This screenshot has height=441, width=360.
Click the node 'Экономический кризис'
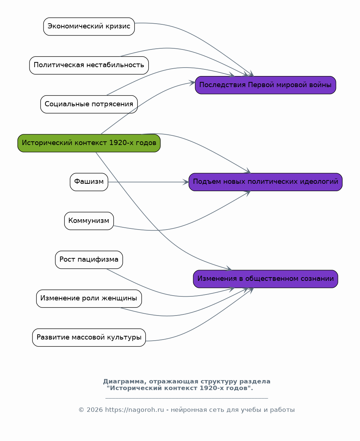(x=89, y=27)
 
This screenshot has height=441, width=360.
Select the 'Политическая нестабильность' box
(x=89, y=65)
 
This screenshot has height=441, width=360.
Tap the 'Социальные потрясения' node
(x=89, y=104)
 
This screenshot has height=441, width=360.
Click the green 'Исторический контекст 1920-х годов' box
(x=89, y=143)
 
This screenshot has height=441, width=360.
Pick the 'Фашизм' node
(x=89, y=182)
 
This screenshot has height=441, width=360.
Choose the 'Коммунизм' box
(x=89, y=221)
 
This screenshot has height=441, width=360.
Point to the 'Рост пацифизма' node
(x=89, y=259)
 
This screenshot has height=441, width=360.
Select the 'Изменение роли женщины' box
(x=89, y=299)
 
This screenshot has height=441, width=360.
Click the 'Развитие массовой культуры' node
(x=89, y=338)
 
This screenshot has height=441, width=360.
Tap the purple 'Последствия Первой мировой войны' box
(x=265, y=85)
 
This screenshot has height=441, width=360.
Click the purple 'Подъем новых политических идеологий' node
(x=265, y=182)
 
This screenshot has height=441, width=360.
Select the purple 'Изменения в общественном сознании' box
(x=265, y=279)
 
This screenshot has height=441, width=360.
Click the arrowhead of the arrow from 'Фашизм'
(x=186, y=182)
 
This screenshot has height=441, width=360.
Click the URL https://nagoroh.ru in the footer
(x=134, y=410)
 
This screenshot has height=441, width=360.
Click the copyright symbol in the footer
(x=81, y=410)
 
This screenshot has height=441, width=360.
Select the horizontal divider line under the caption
(x=187, y=398)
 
